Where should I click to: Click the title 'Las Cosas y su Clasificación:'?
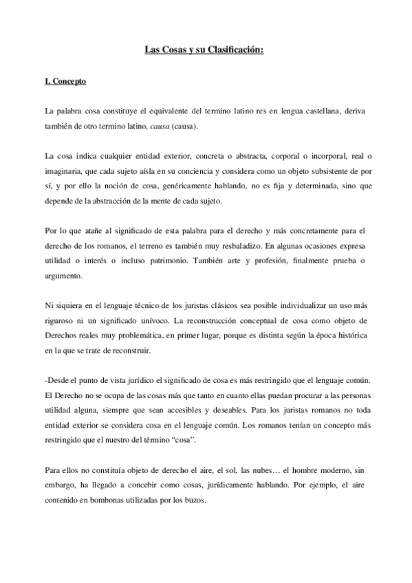(206, 50)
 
